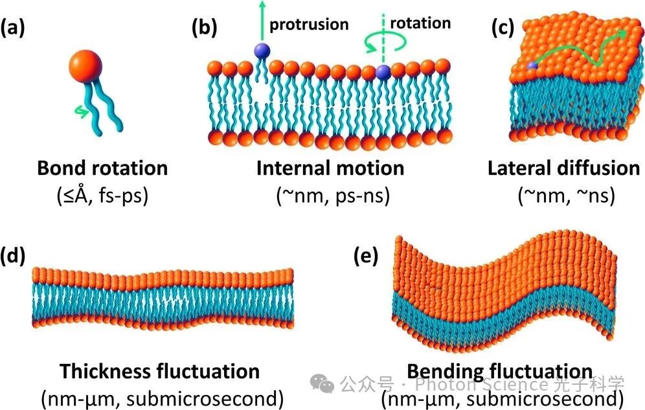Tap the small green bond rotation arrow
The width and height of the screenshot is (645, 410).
pos(78,111)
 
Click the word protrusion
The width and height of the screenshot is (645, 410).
pos(309,25)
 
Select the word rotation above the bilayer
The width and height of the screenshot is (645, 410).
pos(421,23)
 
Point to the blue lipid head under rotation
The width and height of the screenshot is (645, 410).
pos(383,71)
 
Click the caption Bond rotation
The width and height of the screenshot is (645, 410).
pos(102,168)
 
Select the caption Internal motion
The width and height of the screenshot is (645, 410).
pos(330,168)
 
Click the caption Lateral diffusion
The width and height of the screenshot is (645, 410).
pos(563,168)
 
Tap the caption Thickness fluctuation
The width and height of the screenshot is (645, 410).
pos(160,372)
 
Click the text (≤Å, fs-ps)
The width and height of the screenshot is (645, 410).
pos(102,195)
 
